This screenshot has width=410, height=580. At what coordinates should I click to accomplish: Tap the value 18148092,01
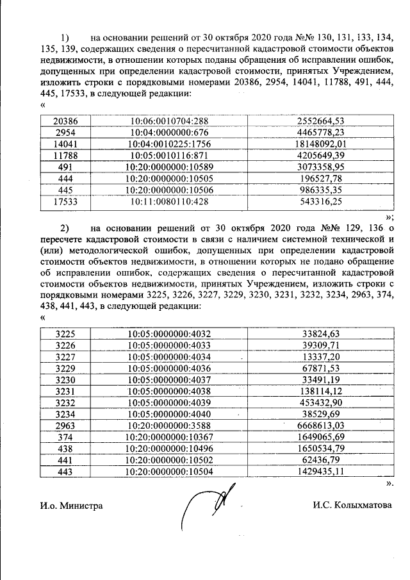point(322,144)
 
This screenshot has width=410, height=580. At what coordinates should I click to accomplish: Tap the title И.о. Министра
point(71,506)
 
